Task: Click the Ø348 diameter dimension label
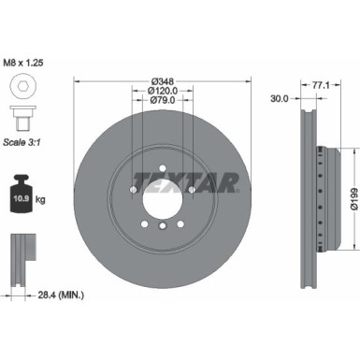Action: [x=162, y=81]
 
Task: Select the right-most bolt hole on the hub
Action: [x=191, y=193]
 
